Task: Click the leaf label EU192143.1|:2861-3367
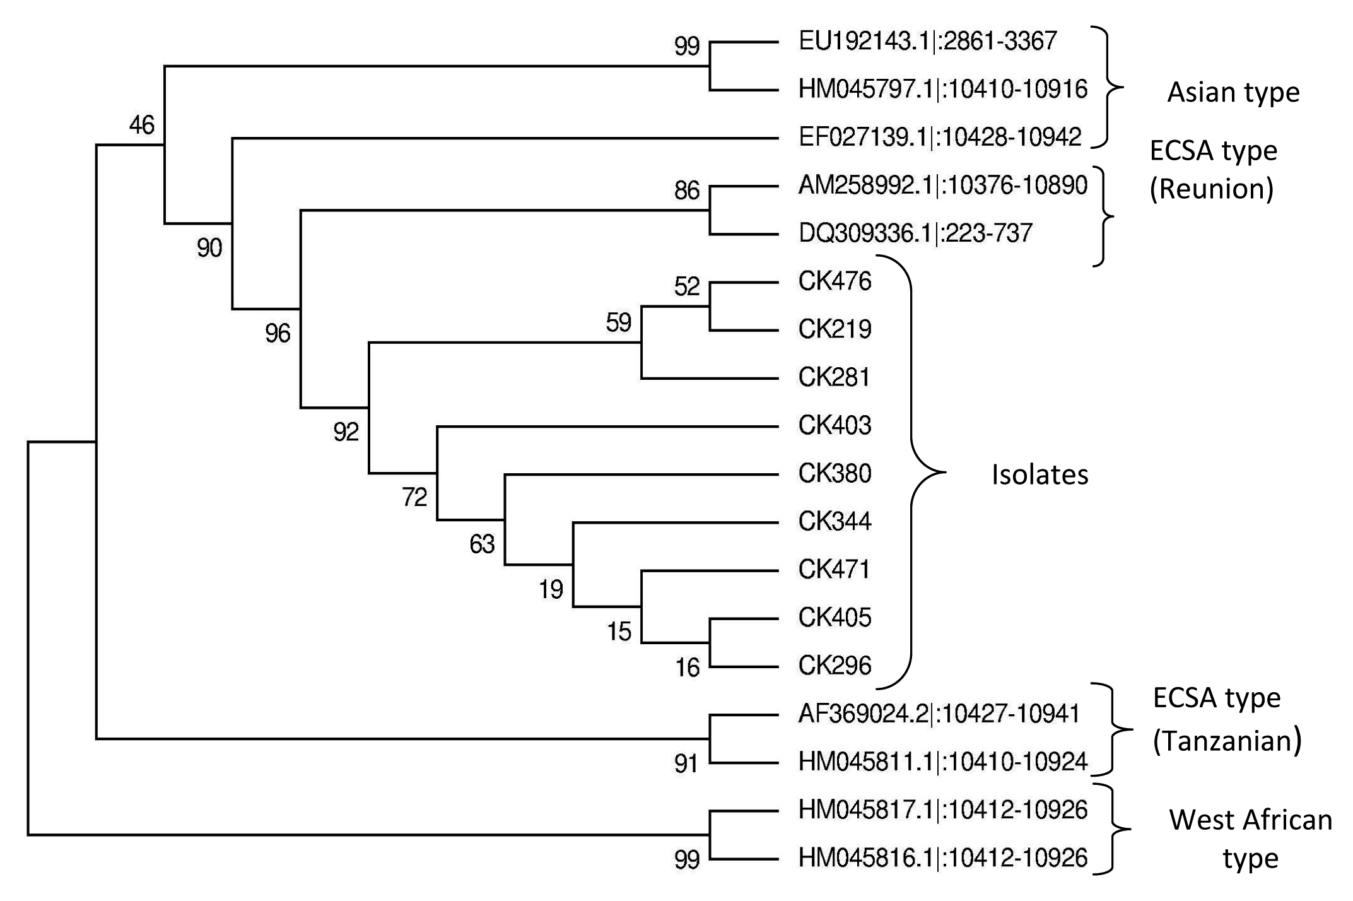[927, 42]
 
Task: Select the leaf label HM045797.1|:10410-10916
[942, 90]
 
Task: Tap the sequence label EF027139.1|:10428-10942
[940, 138]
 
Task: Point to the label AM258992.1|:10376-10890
[942, 185]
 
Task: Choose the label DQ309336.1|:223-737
[915, 233]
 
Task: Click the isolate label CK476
[835, 281]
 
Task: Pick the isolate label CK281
[834, 377]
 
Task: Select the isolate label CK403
[835, 425]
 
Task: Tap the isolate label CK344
[835, 521]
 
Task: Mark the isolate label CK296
[835, 665]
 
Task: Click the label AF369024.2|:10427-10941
[939, 714]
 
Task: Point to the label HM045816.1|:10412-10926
[942, 858]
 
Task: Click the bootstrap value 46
[141, 125]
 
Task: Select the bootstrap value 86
[687, 191]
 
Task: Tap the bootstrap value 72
[414, 498]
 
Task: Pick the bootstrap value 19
[551, 590]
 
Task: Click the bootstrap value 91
[686, 765]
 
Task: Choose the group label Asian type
[1233, 93]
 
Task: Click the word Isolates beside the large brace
[1040, 475]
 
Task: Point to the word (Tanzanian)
[1227, 741]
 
